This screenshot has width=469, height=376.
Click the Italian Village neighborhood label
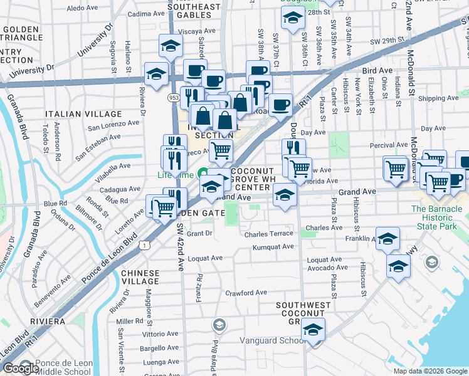click(x=83, y=114)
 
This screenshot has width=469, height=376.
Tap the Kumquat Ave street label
click(x=273, y=247)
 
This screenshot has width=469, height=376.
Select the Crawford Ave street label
click(x=246, y=293)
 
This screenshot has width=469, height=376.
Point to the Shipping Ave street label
click(x=438, y=98)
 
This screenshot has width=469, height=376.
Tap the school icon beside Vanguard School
click(x=313, y=329)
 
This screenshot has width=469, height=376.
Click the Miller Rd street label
click(x=130, y=321)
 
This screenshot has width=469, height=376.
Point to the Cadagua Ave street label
click(x=120, y=189)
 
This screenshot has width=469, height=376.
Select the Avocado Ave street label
click(x=327, y=268)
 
